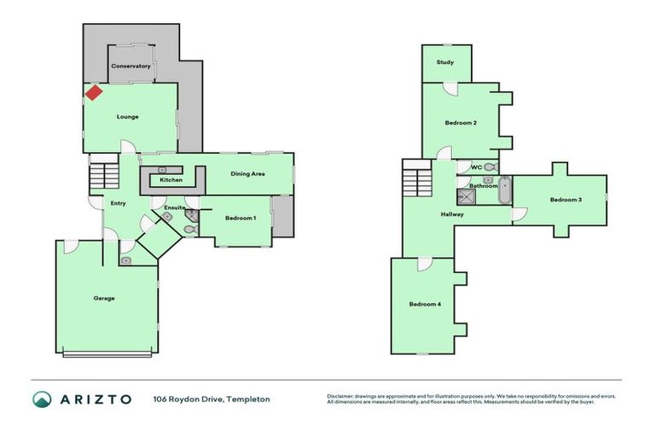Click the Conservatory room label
coord(130,66)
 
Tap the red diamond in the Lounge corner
coord(93,91)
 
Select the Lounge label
coord(127,117)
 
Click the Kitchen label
coord(171,180)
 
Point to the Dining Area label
coord(248,173)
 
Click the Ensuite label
coord(164,207)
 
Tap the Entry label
coord(119,203)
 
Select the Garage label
coord(104,298)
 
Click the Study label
coord(445,62)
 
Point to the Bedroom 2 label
coord(461,123)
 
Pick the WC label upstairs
coord(477,167)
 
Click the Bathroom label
coord(483,185)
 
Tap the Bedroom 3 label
coord(565,200)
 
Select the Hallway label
coord(452,214)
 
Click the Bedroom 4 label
coord(425,305)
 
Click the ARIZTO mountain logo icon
coord(42,399)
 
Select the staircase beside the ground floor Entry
coord(101,177)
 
